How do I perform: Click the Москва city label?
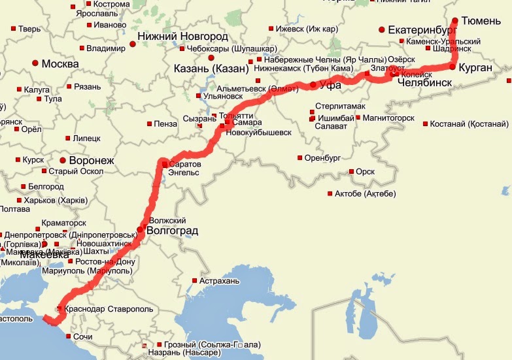point(60,64)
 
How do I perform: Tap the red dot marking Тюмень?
point(456,20)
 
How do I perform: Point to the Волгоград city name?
point(174,231)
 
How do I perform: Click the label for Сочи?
point(83,336)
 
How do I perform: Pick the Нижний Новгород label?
point(182,37)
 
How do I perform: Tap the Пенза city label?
point(166,123)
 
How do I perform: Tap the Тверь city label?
point(29,29)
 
